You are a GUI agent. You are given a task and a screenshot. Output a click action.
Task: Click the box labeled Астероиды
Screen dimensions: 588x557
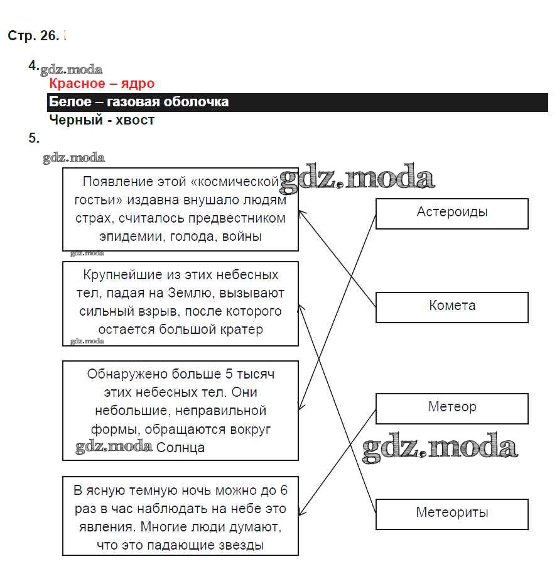(452, 213)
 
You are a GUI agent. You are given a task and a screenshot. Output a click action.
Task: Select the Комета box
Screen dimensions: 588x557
(452, 306)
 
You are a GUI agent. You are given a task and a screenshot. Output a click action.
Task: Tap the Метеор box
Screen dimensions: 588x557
(452, 408)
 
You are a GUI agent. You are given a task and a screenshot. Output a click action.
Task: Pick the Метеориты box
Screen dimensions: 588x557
(452, 513)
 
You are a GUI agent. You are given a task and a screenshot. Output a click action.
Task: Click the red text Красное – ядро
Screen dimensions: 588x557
(102, 84)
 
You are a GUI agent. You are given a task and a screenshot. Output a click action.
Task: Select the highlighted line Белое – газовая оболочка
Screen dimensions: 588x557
(139, 102)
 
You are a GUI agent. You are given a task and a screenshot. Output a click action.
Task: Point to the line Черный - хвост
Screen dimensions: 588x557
(102, 120)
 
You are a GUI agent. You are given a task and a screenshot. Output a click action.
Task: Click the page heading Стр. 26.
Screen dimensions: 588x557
(33, 36)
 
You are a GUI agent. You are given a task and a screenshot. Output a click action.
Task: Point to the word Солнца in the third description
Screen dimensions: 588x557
(180, 448)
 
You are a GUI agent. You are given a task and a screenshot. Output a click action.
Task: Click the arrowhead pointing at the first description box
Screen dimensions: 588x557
(301, 213)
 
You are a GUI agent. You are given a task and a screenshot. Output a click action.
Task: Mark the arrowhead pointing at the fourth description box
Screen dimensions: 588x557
(301, 514)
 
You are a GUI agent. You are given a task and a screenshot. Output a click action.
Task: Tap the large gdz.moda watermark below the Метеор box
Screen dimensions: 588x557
(440, 448)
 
